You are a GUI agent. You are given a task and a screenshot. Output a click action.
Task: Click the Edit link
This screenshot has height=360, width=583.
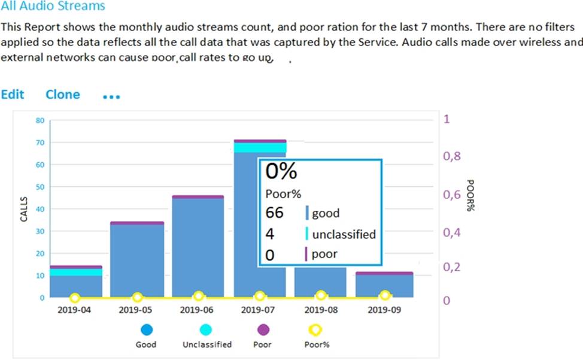click(x=13, y=95)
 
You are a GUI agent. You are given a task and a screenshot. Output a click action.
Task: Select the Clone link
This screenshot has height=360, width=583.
click(x=62, y=95)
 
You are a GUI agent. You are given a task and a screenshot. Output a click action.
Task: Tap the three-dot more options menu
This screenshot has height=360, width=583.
click(x=111, y=96)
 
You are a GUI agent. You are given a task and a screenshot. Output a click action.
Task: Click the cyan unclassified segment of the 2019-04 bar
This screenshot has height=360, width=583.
click(x=75, y=273)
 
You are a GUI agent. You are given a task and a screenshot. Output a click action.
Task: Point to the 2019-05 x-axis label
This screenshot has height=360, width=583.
click(x=137, y=310)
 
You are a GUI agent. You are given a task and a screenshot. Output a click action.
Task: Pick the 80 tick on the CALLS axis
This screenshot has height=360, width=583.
click(x=40, y=120)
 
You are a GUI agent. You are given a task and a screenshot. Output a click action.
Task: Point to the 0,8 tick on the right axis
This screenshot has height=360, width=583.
click(x=452, y=156)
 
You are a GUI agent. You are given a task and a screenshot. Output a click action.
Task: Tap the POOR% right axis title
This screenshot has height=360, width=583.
click(x=470, y=194)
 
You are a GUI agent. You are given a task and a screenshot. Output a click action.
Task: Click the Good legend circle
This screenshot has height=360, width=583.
click(x=145, y=329)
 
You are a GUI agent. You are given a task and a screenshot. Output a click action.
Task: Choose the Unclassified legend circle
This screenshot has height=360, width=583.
click(x=207, y=329)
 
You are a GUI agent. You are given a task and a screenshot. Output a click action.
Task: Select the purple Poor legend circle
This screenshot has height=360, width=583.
click(x=262, y=329)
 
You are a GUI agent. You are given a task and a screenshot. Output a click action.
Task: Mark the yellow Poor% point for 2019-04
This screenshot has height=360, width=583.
click(x=75, y=298)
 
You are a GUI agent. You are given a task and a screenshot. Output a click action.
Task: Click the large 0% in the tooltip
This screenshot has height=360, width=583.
click(x=281, y=172)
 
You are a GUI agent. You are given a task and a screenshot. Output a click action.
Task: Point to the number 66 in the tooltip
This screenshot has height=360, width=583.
click(x=274, y=213)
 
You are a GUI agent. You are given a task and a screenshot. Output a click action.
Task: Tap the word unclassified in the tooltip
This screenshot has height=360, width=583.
click(x=344, y=234)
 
